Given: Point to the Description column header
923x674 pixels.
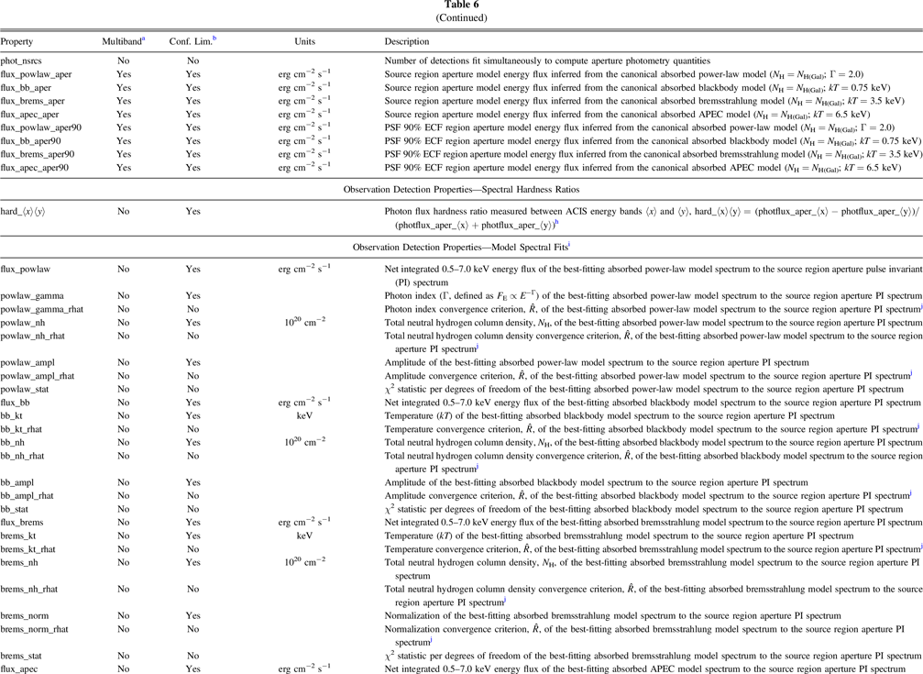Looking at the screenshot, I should pyautogui.click(x=406, y=42).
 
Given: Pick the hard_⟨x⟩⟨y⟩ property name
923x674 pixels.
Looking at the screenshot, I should pyautogui.click(x=27, y=211).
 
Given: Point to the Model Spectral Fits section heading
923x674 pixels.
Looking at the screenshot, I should pyautogui.click(x=461, y=247).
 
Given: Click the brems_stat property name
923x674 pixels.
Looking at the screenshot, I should pyautogui.click(x=27, y=656).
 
